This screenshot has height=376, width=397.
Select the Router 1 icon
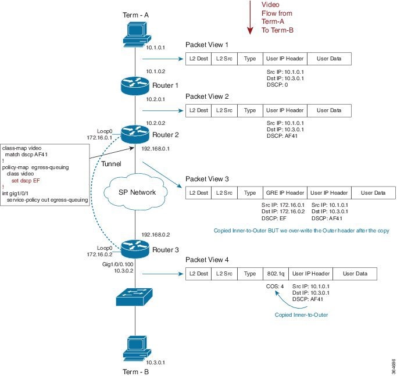click(135, 85)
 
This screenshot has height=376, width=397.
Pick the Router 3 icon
click(135, 249)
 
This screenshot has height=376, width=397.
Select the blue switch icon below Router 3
click(135, 296)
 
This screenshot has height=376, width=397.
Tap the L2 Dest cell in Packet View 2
click(198, 110)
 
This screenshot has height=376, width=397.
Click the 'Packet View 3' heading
click(207, 179)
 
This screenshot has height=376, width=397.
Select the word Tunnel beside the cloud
click(112, 164)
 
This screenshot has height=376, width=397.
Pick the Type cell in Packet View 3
click(250, 192)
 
